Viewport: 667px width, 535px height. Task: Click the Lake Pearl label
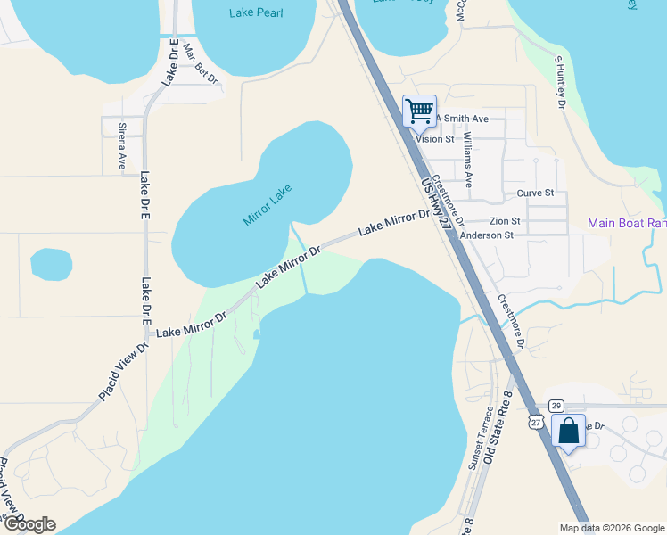[x=255, y=12]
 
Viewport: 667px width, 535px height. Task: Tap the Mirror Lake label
[x=268, y=204]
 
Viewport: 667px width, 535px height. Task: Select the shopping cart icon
[x=419, y=111]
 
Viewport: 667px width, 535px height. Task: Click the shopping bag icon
[x=568, y=432]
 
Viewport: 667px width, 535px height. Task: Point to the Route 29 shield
[x=556, y=406]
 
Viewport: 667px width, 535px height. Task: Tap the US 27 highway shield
[x=536, y=419]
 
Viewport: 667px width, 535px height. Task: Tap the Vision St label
[x=435, y=139]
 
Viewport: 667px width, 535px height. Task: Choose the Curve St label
[x=535, y=193]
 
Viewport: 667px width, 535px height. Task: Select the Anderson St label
[x=486, y=235]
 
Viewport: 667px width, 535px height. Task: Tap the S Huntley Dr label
[x=561, y=84]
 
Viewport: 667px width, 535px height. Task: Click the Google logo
[x=29, y=524]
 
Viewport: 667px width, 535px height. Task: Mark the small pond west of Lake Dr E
[x=52, y=264]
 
